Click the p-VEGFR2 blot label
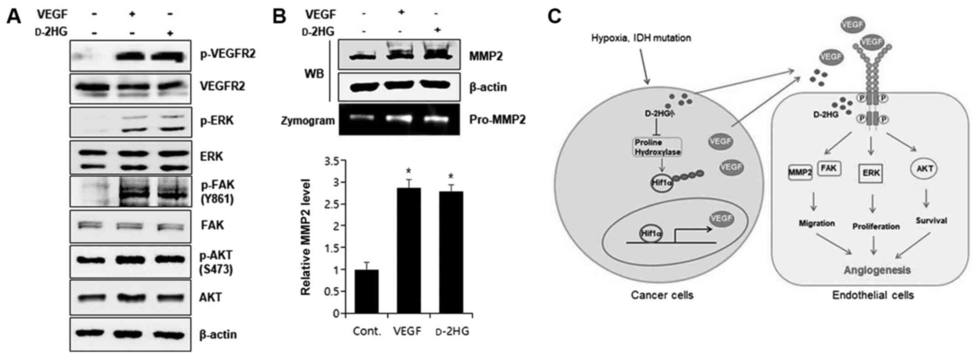(x=228, y=54)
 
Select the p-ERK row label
(x=217, y=121)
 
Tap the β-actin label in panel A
(x=218, y=335)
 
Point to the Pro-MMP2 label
(x=497, y=120)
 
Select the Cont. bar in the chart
(x=367, y=291)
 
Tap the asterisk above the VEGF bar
(x=408, y=171)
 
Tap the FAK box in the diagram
(x=830, y=169)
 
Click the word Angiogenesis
(x=877, y=270)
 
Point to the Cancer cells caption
(x=662, y=295)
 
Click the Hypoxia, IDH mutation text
(x=641, y=38)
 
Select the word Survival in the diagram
(x=931, y=221)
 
